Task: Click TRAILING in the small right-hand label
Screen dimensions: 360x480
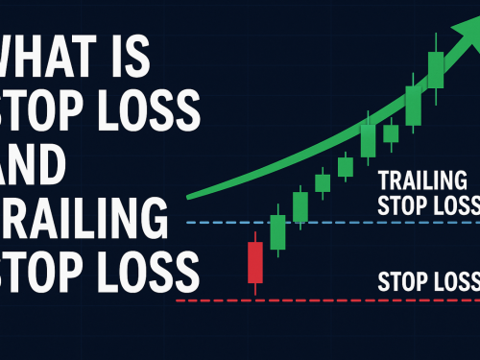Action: coord(423,180)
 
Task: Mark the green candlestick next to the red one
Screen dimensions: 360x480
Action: coord(277,231)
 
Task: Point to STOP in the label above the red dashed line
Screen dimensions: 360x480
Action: coord(402,282)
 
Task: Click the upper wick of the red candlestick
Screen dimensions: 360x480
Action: coord(254,236)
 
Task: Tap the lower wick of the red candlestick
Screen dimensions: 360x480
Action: coord(254,287)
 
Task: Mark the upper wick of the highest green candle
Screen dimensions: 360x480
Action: coord(437,44)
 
